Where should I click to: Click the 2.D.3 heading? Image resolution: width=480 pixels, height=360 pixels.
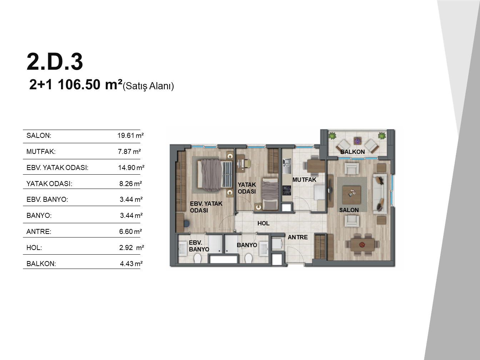55,62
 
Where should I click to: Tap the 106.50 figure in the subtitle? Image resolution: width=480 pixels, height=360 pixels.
79,85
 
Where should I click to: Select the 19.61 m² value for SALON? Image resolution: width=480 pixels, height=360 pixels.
131,135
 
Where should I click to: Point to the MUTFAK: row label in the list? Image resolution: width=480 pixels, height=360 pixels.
41,151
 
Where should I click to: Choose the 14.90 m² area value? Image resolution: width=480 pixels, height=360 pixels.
131,167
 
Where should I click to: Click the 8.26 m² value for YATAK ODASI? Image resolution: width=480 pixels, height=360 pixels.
131,184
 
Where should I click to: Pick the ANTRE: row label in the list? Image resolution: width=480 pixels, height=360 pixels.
39,231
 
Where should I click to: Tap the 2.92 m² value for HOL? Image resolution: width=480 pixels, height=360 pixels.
132,247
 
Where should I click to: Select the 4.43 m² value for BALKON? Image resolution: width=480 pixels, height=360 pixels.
131,264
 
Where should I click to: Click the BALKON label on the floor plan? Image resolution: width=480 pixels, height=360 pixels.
352,152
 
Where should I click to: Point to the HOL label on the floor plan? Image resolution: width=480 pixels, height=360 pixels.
263,223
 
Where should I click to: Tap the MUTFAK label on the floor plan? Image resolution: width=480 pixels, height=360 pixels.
304,180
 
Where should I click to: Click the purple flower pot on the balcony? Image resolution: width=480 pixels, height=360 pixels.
357,141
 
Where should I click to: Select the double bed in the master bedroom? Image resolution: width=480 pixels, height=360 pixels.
215,175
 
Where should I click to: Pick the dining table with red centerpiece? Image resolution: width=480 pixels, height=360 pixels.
362,245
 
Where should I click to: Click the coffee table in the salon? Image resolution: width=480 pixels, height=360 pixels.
351,194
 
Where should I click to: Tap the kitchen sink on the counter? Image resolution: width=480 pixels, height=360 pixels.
286,166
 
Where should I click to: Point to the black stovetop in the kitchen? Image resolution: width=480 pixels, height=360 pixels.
286,190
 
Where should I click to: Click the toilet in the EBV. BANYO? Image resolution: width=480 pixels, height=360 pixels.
197,258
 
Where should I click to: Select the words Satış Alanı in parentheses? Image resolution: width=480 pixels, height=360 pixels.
148,86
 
